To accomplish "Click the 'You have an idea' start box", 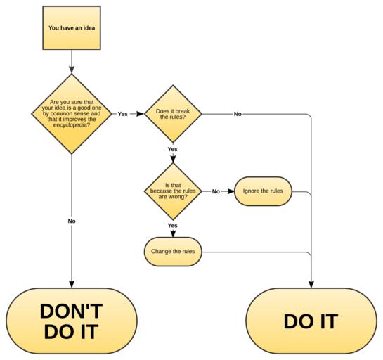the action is pos(72,28).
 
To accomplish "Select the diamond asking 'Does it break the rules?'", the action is pos(173,114).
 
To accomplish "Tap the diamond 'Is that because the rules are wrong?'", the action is pos(173,191).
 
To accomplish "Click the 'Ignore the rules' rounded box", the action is pos(263,191).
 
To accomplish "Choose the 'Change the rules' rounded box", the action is pos(173,252).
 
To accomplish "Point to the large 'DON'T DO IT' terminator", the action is pos(72,321).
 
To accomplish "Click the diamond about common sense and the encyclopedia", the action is pos(72,114).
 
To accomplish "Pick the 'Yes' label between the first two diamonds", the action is pos(122,114).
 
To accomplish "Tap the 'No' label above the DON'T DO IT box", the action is pos(72,221).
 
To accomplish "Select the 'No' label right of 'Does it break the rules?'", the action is pos(238,114).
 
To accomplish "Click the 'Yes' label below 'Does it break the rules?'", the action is pos(172,149).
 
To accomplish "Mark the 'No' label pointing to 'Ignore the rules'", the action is pos(216,191).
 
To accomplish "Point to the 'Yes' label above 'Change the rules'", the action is pos(172,225).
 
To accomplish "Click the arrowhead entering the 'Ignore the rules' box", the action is pos(231,191).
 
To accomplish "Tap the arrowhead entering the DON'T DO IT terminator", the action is pos(72,285).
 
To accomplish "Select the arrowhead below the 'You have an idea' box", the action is pos(72,70).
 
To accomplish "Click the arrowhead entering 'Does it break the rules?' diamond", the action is pos(141,114).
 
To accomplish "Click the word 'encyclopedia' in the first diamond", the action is pos(72,125).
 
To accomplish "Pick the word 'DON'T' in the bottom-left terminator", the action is pos(71,311).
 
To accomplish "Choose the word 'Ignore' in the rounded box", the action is pos(251,191).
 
